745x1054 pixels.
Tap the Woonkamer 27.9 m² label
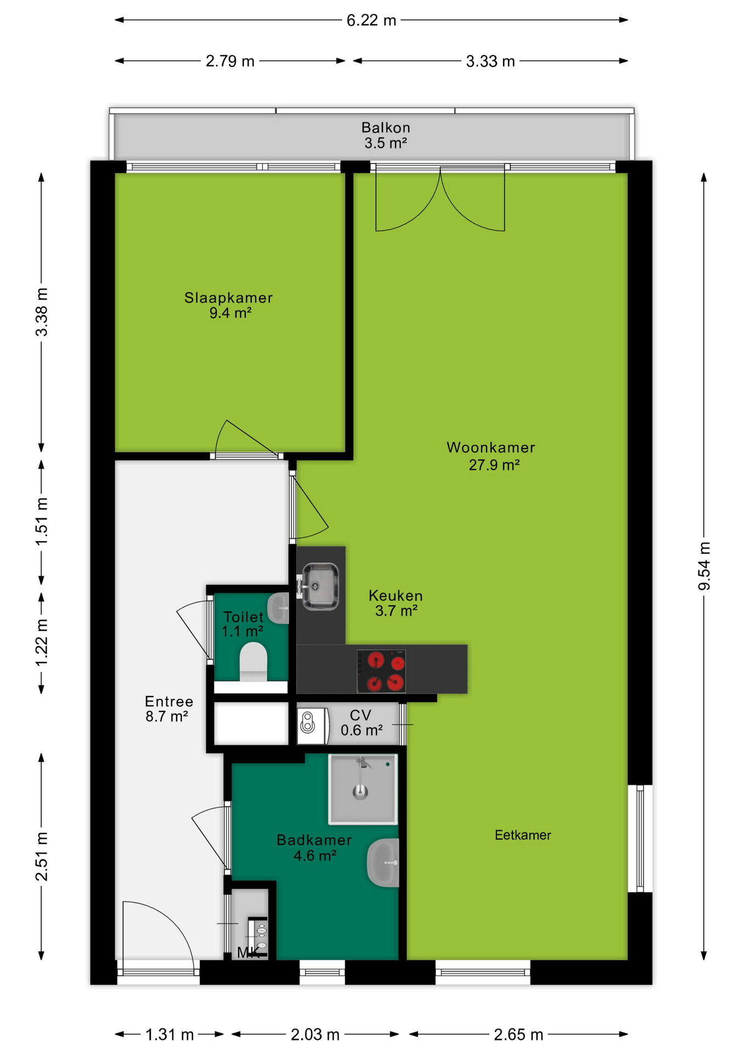click(491, 456)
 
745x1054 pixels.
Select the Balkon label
click(386, 128)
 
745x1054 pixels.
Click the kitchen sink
click(320, 586)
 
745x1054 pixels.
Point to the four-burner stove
click(381, 671)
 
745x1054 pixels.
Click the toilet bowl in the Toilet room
click(253, 662)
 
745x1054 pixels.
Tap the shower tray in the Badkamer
click(363, 789)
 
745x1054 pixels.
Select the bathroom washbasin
click(383, 862)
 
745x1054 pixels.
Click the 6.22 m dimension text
click(371, 20)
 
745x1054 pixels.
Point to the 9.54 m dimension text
click(704, 566)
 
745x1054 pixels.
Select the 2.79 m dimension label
click(230, 61)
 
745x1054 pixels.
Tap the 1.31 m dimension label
click(170, 1035)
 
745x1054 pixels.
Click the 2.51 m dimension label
click(42, 856)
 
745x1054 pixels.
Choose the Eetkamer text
click(523, 835)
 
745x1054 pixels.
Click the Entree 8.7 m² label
click(169, 709)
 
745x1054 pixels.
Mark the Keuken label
click(396, 596)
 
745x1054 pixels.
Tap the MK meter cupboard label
click(249, 952)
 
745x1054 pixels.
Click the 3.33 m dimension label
click(490, 61)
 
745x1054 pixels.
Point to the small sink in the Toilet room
click(280, 608)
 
